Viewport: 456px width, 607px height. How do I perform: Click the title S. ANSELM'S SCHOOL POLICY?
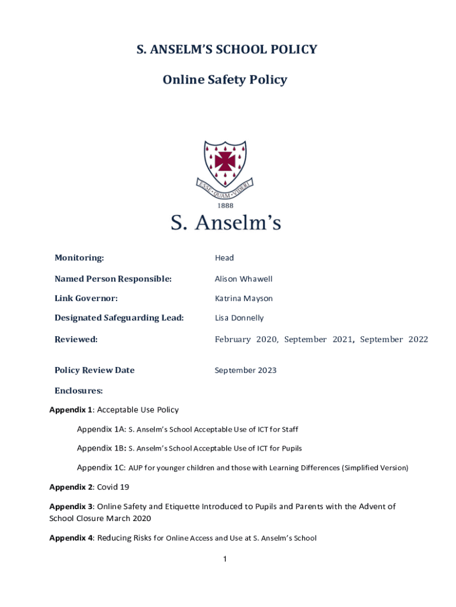pos(227,50)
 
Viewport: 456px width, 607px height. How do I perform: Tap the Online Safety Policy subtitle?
pos(225,79)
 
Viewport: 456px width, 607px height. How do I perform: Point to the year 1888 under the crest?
pos(226,206)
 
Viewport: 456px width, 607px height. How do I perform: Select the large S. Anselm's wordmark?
pos(226,223)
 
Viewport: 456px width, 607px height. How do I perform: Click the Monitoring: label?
pos(79,258)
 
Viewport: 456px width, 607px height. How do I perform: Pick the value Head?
pos(224,258)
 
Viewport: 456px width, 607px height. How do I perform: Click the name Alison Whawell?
pos(243,279)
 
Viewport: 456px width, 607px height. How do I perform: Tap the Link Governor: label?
pos(86,298)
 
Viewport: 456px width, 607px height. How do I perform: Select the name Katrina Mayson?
pos(243,298)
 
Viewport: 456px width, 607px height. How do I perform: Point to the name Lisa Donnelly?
pos(239,318)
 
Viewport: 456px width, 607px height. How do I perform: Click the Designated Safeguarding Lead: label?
pos(119,318)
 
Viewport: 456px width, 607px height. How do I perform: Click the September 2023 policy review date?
pos(245,370)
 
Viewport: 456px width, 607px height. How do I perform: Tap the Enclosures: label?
pos(79,391)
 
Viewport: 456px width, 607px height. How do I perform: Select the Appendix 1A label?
pos(101,429)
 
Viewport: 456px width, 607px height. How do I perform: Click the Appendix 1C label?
pos(101,468)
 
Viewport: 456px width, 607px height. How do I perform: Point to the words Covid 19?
pos(113,487)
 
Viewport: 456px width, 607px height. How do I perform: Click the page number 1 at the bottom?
pos(226,559)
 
